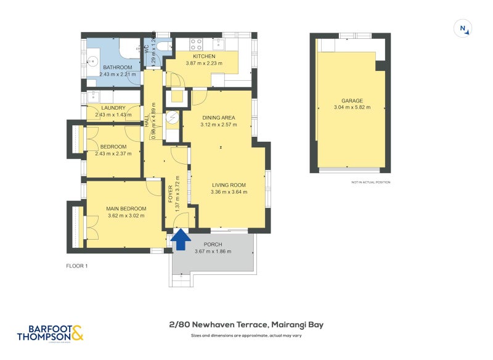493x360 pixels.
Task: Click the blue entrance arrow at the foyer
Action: click(180, 239)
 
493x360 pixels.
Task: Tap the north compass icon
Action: click(463, 28)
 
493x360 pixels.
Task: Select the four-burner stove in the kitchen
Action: click(197, 44)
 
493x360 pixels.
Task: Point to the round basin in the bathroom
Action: click(92, 62)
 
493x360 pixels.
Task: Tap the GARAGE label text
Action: click(352, 100)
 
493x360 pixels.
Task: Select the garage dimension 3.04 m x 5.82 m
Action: click(352, 108)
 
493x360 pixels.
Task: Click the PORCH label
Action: click(213, 244)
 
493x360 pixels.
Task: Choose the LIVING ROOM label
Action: click(229, 184)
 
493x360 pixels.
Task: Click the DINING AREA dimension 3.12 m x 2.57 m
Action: click(218, 125)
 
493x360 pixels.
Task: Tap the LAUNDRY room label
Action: click(113, 107)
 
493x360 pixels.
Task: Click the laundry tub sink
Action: click(94, 96)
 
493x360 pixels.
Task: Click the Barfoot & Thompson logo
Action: click(49, 333)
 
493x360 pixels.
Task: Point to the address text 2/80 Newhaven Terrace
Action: click(246, 325)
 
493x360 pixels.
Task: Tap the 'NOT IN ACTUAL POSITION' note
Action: click(370, 182)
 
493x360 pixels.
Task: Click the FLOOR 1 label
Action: click(78, 266)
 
